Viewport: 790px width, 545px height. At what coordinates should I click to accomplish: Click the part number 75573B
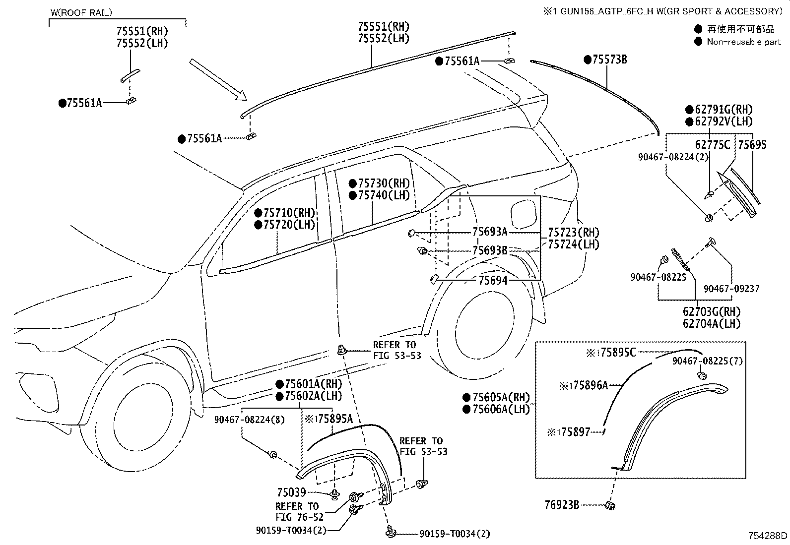click(610, 60)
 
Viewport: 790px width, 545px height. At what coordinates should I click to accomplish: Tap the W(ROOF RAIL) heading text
click(81, 13)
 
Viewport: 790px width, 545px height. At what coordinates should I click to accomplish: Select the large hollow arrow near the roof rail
click(218, 80)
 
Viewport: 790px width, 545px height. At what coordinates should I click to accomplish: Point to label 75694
click(493, 281)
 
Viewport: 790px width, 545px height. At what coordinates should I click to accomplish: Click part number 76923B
click(562, 505)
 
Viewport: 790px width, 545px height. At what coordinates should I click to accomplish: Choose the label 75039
click(291, 492)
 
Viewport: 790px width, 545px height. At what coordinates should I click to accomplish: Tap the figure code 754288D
click(768, 536)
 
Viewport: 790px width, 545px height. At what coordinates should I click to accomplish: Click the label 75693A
click(490, 232)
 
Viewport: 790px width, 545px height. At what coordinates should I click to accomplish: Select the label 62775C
click(713, 144)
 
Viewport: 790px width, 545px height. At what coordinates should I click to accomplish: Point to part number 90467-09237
click(731, 289)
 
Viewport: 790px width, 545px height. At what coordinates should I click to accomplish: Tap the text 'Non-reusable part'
click(744, 42)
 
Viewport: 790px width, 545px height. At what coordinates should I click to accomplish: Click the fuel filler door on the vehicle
click(524, 214)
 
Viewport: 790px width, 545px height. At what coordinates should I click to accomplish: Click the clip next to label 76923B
click(610, 505)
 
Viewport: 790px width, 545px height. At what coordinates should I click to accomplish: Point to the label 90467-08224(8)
click(249, 420)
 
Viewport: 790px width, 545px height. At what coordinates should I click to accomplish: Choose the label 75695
click(752, 144)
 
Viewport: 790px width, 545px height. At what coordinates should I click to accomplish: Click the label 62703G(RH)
click(712, 311)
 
